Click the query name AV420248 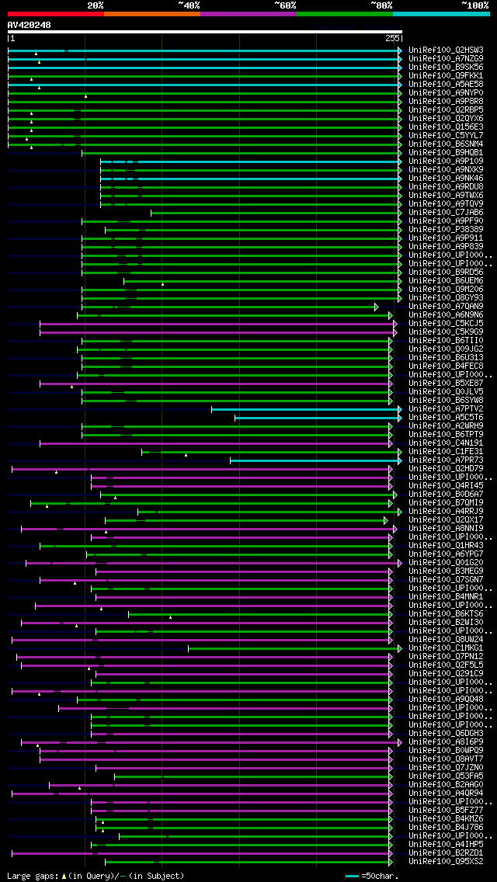click(x=30, y=25)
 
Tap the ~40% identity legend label click(x=189, y=5)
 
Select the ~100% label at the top click(x=475, y=5)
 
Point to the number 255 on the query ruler click(x=392, y=38)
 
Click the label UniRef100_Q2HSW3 click(x=446, y=50)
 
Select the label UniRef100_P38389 click(x=446, y=229)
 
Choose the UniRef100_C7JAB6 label click(x=446, y=212)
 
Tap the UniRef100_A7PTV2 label click(x=446, y=408)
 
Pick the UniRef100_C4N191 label click(x=446, y=443)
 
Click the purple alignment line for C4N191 click(x=217, y=443)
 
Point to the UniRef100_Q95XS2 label click(x=446, y=861)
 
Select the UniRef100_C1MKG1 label click(x=446, y=648)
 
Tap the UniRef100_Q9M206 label click(x=446, y=289)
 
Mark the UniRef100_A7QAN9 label click(x=446, y=306)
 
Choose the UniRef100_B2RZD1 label click(x=446, y=852)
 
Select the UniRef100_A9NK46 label click(x=446, y=178)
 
